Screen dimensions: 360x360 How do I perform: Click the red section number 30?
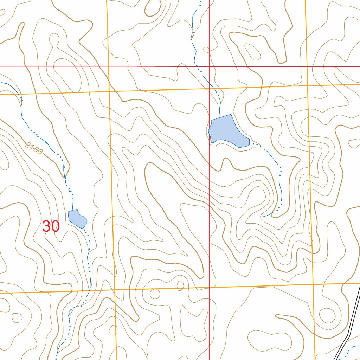51,227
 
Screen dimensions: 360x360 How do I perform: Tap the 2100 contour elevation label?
34,148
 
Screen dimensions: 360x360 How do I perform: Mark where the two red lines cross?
210,66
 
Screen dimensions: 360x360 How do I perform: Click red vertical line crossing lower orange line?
210,288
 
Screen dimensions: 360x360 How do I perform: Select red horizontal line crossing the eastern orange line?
306,66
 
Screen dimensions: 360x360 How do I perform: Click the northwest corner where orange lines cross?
109,91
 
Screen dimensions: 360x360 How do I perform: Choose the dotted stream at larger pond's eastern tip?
257,144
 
